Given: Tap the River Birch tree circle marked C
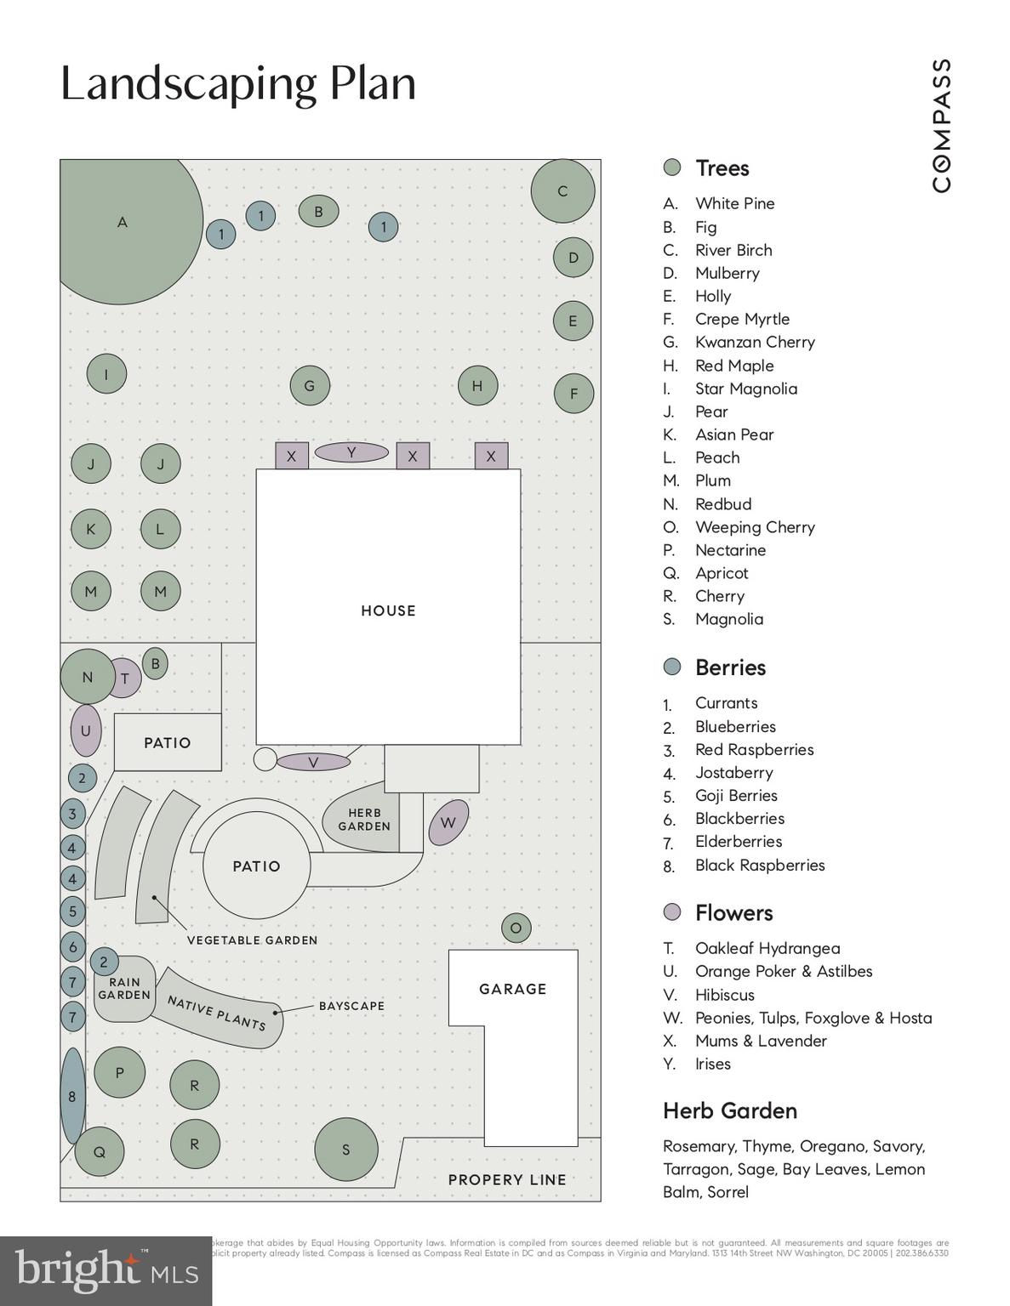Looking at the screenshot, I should tap(562, 191).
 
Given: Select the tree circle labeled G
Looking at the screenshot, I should tap(309, 386).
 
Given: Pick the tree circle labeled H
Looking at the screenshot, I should tap(477, 386).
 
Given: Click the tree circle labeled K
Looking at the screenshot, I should tap(91, 529).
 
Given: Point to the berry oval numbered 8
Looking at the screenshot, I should tap(72, 1096).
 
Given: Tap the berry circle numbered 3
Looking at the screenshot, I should tap(72, 815).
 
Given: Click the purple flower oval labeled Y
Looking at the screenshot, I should tap(351, 452).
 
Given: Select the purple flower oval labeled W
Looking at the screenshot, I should tap(448, 822).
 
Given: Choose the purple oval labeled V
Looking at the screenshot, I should tap(313, 762).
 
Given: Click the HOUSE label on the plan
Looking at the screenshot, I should tap(388, 610).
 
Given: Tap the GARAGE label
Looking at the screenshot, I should tap(512, 989).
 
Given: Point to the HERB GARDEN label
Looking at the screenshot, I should tap(364, 820).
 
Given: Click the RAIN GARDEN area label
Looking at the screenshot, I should tap(124, 989).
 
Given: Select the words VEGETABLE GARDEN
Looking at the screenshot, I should tap(252, 940).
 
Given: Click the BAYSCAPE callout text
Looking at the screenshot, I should tap(351, 1006).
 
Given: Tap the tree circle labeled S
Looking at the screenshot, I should tap(345, 1150).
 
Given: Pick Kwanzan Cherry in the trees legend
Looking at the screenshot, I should tap(755, 342).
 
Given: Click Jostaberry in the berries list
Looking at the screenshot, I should tap(733, 773).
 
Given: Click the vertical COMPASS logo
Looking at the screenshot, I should tap(941, 125).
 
